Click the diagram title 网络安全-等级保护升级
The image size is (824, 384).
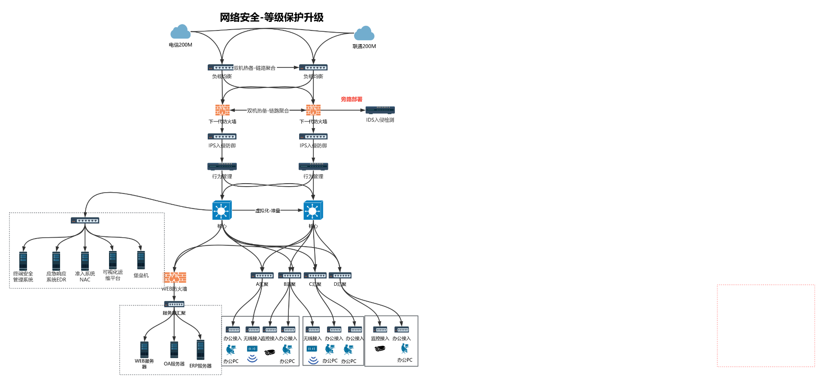point(271,17)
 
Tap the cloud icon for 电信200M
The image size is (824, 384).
point(180,32)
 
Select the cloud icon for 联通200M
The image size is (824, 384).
point(364,33)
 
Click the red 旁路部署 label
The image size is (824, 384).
point(351,99)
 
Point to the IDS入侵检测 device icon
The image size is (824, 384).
point(380,110)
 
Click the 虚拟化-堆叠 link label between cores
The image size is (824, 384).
point(268,211)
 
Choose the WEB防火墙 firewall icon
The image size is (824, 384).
point(175,278)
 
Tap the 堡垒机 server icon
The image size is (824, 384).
point(141,260)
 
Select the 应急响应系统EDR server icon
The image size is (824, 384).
point(56,261)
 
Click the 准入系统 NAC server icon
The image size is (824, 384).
point(85,261)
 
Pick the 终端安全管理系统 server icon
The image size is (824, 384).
point(23,261)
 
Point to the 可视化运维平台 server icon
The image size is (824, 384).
point(113,260)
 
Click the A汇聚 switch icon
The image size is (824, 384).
point(262,275)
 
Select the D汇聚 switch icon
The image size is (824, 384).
point(340,275)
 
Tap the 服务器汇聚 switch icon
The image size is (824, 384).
point(174,304)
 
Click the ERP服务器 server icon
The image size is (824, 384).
point(200,350)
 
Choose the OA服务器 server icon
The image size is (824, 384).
point(174,350)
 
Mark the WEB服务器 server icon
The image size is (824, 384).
point(144,350)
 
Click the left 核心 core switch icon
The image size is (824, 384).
point(222,210)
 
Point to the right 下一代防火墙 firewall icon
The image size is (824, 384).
point(313,110)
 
